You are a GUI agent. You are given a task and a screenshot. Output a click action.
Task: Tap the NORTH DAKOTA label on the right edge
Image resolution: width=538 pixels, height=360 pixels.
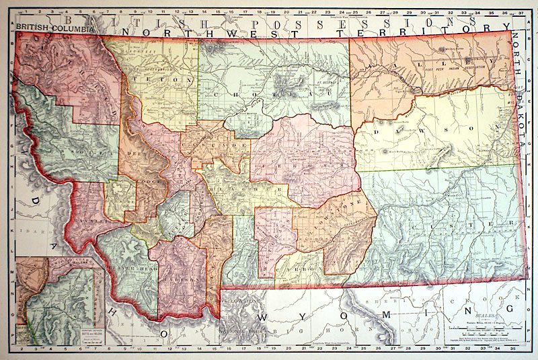[x=525, y=87]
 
